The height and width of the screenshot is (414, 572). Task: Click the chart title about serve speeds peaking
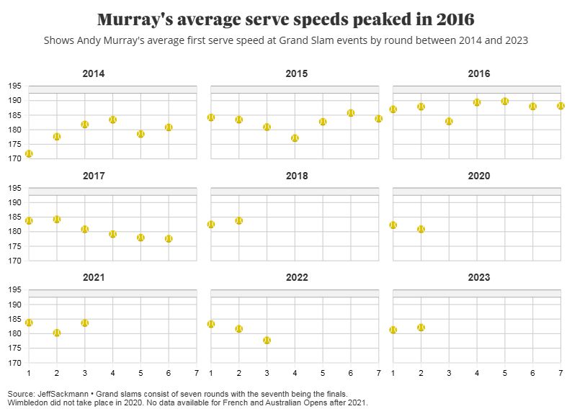coord(286,19)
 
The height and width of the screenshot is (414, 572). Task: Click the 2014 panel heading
coord(93,73)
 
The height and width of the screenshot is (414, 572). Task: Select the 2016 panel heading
coord(478,73)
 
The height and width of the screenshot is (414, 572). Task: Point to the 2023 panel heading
coord(478,277)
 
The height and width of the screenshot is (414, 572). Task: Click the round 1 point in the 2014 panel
coord(29,154)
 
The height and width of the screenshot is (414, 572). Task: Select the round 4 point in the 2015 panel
coord(295,138)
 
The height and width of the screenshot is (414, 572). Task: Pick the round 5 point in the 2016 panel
coord(505,102)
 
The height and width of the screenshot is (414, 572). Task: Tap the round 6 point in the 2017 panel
coord(169,239)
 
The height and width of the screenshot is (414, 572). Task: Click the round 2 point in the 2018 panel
coord(238,221)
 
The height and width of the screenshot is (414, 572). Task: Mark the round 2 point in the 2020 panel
coord(421,229)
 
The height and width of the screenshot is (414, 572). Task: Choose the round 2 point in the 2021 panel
coord(57,333)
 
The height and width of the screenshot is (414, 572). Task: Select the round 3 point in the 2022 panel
coord(267,340)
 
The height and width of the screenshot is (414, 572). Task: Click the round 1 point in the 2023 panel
coord(393,330)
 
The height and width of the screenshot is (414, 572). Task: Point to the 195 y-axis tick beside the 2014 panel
coord(14,86)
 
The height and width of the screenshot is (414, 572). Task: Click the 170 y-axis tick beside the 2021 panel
coord(14,363)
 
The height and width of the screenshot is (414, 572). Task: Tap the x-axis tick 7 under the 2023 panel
coord(560,372)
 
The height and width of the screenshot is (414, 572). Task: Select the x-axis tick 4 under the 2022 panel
coord(295,372)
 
